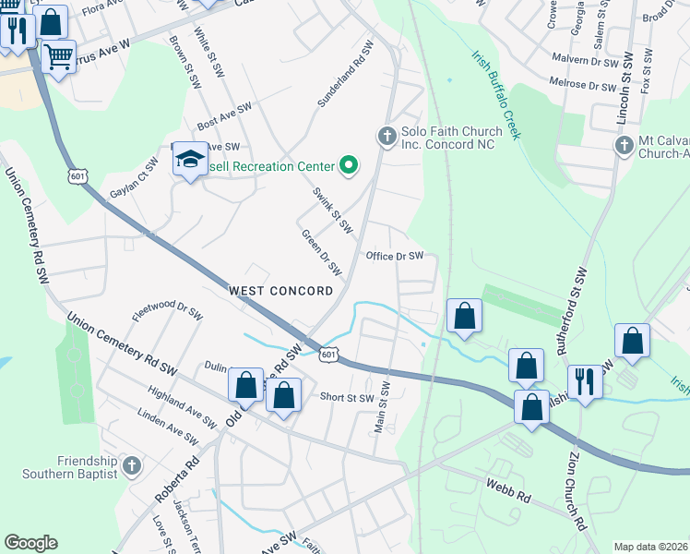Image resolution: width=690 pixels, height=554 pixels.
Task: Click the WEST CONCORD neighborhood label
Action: pos(281,291)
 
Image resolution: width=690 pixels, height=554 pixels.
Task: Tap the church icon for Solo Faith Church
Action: pos(387,137)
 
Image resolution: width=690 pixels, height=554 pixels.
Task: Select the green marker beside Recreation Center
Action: pos(348,166)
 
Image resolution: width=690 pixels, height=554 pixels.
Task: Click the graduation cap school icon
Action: pos(190,161)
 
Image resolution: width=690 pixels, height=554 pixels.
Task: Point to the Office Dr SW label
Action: pos(394,256)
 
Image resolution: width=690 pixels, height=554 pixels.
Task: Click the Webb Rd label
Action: pos(510,489)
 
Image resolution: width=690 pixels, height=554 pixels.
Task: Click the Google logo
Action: pos(30,543)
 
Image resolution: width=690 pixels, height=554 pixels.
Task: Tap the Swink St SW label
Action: pos(332,209)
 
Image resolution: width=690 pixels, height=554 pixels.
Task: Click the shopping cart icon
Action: pos(59,55)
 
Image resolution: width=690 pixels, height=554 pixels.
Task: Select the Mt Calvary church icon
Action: pos(625,146)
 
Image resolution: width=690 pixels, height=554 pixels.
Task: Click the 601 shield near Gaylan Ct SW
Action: pos(77,175)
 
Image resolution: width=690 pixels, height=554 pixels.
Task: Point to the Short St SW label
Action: pos(346,398)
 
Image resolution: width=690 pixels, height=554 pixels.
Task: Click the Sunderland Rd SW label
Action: pos(346,87)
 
